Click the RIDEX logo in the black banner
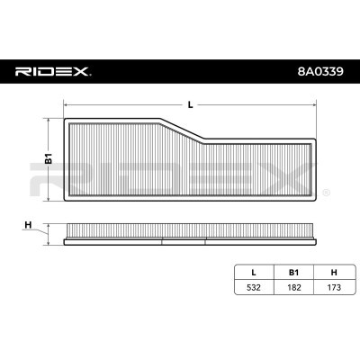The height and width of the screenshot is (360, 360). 53,72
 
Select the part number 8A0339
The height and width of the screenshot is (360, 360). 320,72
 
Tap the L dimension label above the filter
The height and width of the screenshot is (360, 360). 190,104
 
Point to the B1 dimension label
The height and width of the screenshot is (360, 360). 49,158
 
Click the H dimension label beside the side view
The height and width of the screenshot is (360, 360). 28,225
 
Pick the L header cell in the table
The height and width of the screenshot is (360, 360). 254,273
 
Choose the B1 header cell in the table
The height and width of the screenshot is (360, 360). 293,273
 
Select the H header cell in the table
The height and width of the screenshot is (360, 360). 334,273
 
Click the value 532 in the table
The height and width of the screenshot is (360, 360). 254,287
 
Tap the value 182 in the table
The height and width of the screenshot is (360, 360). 293,287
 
